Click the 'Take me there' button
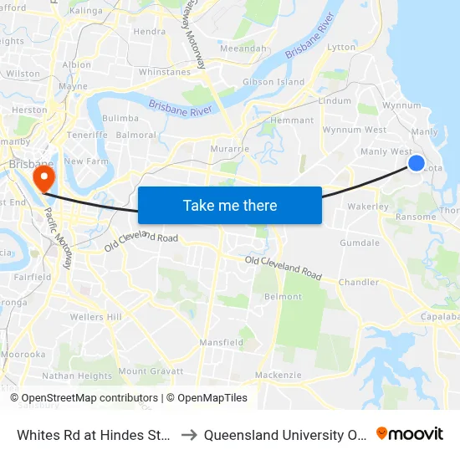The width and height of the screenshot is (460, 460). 230,205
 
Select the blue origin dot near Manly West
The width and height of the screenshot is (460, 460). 416,163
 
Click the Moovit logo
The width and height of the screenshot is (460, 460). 410,434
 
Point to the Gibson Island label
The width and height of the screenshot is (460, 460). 273,82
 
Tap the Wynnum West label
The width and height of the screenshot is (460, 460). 354,130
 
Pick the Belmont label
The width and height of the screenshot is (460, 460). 283,297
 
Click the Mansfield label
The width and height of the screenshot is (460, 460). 222,343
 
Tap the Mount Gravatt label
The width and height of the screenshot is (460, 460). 144,371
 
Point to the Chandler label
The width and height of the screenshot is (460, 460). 359,283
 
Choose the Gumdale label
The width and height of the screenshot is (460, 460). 360,243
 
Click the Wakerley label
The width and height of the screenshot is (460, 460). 368,206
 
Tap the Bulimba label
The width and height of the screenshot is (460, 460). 120,120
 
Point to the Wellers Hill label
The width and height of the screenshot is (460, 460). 96,317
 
